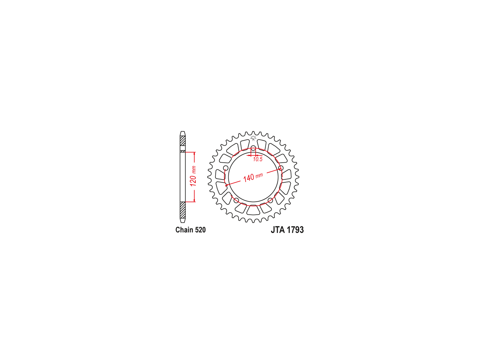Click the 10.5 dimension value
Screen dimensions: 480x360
coord(258,159)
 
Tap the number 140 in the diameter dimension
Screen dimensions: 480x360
coord(249,178)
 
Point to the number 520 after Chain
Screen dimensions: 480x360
coord(200,230)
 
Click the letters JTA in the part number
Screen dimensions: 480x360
coord(278,230)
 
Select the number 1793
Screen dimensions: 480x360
coord(295,230)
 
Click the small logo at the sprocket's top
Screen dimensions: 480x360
coord(253,138)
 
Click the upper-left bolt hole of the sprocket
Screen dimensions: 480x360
coord(226,168)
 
